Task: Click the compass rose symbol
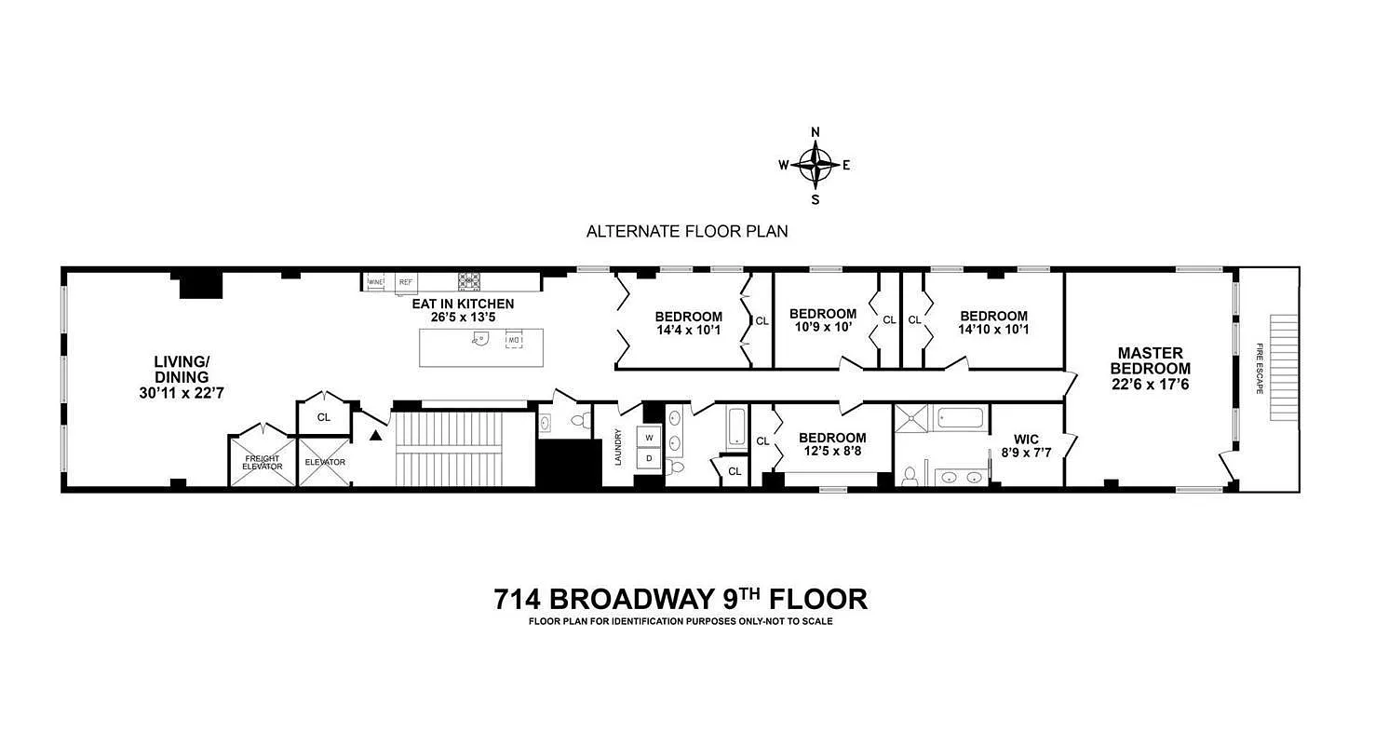pos(816,165)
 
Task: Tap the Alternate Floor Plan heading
pos(687,231)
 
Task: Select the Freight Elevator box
pos(263,462)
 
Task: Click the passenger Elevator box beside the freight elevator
pos(324,462)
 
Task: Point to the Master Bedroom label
pos(1150,368)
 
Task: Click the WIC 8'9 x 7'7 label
pos(1026,445)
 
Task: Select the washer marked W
pos(650,438)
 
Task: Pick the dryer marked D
pos(650,459)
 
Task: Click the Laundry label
pos(617,446)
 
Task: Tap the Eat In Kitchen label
pos(463,310)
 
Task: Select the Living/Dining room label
pos(182,376)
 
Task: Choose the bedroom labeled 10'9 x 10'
pos(822,320)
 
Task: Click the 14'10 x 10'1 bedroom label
pos(993,322)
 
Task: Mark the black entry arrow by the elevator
pos(375,435)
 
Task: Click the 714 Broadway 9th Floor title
pos(681,598)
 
